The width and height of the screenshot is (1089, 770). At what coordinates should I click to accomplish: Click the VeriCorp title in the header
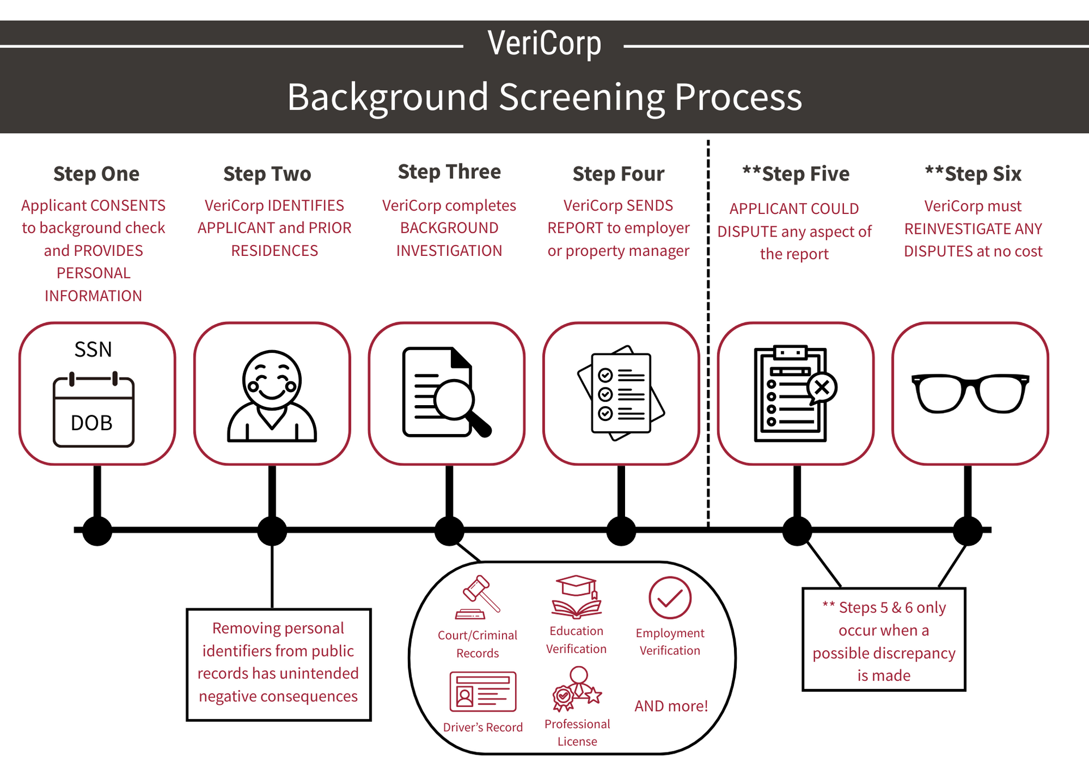(x=544, y=44)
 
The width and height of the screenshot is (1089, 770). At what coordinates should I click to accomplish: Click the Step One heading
(x=96, y=174)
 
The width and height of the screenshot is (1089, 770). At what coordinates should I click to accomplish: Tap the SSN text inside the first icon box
(x=93, y=350)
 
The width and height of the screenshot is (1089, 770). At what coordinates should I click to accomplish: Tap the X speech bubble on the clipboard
(x=822, y=388)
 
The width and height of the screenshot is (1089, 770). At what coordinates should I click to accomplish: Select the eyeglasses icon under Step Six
(x=970, y=393)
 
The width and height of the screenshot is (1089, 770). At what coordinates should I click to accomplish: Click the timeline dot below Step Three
(x=449, y=531)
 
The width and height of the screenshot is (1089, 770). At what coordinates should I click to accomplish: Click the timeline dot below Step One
(x=97, y=531)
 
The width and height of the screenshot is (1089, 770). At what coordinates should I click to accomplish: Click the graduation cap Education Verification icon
(x=577, y=597)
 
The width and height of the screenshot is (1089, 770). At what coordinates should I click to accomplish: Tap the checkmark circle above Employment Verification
(x=670, y=598)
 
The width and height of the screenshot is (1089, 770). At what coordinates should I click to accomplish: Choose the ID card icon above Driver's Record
(x=483, y=692)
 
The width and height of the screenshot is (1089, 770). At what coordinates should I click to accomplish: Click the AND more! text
(x=671, y=706)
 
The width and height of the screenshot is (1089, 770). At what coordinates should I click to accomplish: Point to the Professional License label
(x=577, y=733)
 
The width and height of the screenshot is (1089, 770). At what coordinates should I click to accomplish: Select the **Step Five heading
(x=796, y=174)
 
